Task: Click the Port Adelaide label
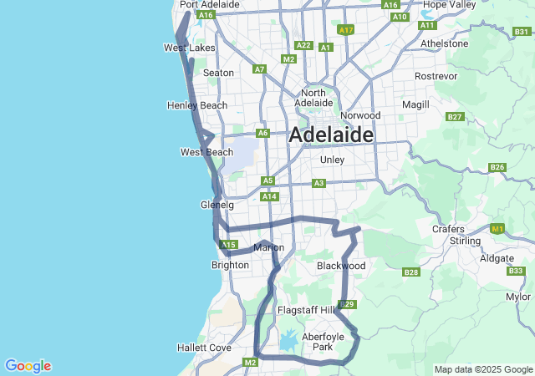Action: coord(210,5)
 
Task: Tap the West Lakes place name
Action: coord(189,48)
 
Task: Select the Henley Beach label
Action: coord(197,106)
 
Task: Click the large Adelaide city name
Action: coord(331,135)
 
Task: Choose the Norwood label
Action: coord(360,115)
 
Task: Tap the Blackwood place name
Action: coord(341,266)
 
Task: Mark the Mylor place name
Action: coord(518,297)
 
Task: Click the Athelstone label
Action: coord(445,43)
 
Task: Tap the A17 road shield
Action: coord(346,30)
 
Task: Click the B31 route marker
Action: coord(522,32)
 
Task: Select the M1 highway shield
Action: coord(498,229)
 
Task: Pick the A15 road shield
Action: coord(228,245)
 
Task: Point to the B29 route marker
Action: coord(348,304)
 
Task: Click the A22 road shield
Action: coord(303,45)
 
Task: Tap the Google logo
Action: coord(28,366)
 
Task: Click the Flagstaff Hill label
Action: coord(306,310)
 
